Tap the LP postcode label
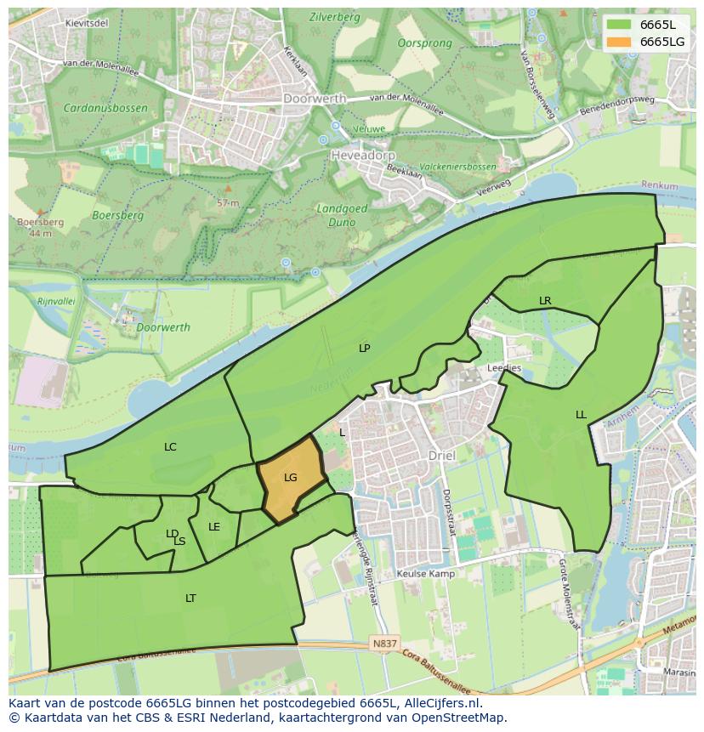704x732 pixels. [365, 348]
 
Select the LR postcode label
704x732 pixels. [545, 301]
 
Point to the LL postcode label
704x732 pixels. [581, 415]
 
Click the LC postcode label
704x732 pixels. [170, 446]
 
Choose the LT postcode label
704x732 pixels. [190, 599]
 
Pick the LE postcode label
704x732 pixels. [214, 527]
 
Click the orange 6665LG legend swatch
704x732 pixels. [620, 42]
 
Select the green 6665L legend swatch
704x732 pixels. [620, 25]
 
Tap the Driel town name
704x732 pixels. [441, 456]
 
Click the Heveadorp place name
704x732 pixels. [362, 156]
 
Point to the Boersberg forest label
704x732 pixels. [117, 216]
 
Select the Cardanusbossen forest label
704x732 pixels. [105, 108]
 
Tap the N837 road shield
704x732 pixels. [383, 644]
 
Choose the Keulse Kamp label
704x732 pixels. [425, 574]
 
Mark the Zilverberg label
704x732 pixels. [334, 16]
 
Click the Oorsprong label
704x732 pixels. [425, 43]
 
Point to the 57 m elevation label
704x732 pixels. [227, 203]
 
